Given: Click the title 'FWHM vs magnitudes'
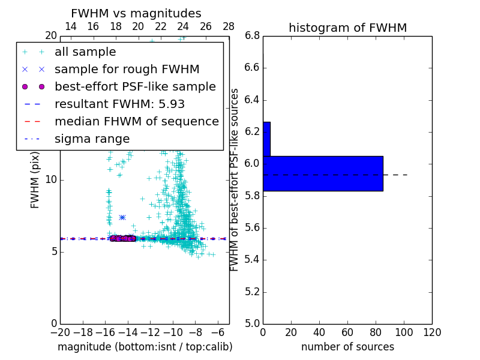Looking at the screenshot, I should pyautogui.click(x=136, y=13).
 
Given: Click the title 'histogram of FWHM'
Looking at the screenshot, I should pyautogui.click(x=347, y=28).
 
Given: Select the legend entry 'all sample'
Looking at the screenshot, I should pyautogui.click(x=85, y=52).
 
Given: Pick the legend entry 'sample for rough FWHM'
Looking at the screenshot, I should pyautogui.click(x=127, y=70).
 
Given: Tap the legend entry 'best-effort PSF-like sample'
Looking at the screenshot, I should pyautogui.click(x=135, y=86).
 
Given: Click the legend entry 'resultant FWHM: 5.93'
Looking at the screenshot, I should pyautogui.click(x=119, y=104).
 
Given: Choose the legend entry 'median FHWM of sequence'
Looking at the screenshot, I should pyautogui.click(x=136, y=121).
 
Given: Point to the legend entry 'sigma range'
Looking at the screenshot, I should pyautogui.click(x=92, y=139).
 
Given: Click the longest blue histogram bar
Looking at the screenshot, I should pyautogui.click(x=323, y=173).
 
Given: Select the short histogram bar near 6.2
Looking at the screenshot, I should pyautogui.click(x=266, y=139).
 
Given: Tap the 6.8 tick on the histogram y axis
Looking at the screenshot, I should pyautogui.click(x=252, y=36).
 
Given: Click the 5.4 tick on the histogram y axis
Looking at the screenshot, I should pyautogui.click(x=252, y=260).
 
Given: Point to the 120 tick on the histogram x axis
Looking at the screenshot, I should pyautogui.click(x=432, y=332).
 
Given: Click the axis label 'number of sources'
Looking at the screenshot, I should pyautogui.click(x=347, y=347).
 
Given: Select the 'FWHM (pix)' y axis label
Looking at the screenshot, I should pyautogui.click(x=35, y=179).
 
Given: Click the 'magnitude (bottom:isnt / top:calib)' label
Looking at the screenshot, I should pyautogui.click(x=145, y=347).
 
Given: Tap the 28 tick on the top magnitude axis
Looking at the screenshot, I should pyautogui.click(x=229, y=26).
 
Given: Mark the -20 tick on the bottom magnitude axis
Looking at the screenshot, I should pyautogui.click(x=60, y=332).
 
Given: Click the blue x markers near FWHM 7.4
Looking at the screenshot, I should pyautogui.click(x=122, y=217).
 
